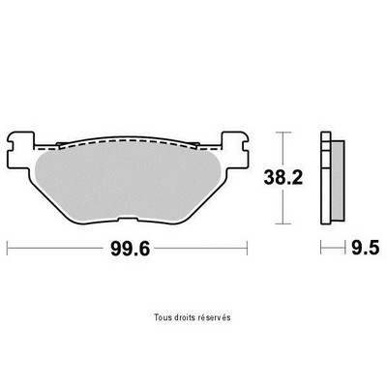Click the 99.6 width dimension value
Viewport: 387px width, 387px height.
pos(130,249)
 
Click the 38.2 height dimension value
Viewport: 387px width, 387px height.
pos(283,178)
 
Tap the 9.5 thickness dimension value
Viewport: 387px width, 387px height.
pos(366,248)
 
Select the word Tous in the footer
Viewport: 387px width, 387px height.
pos(161,317)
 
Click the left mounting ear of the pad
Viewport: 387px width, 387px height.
pos(20,148)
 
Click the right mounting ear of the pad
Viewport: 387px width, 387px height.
pos(235,148)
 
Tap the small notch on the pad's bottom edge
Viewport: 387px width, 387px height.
pos(128,220)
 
